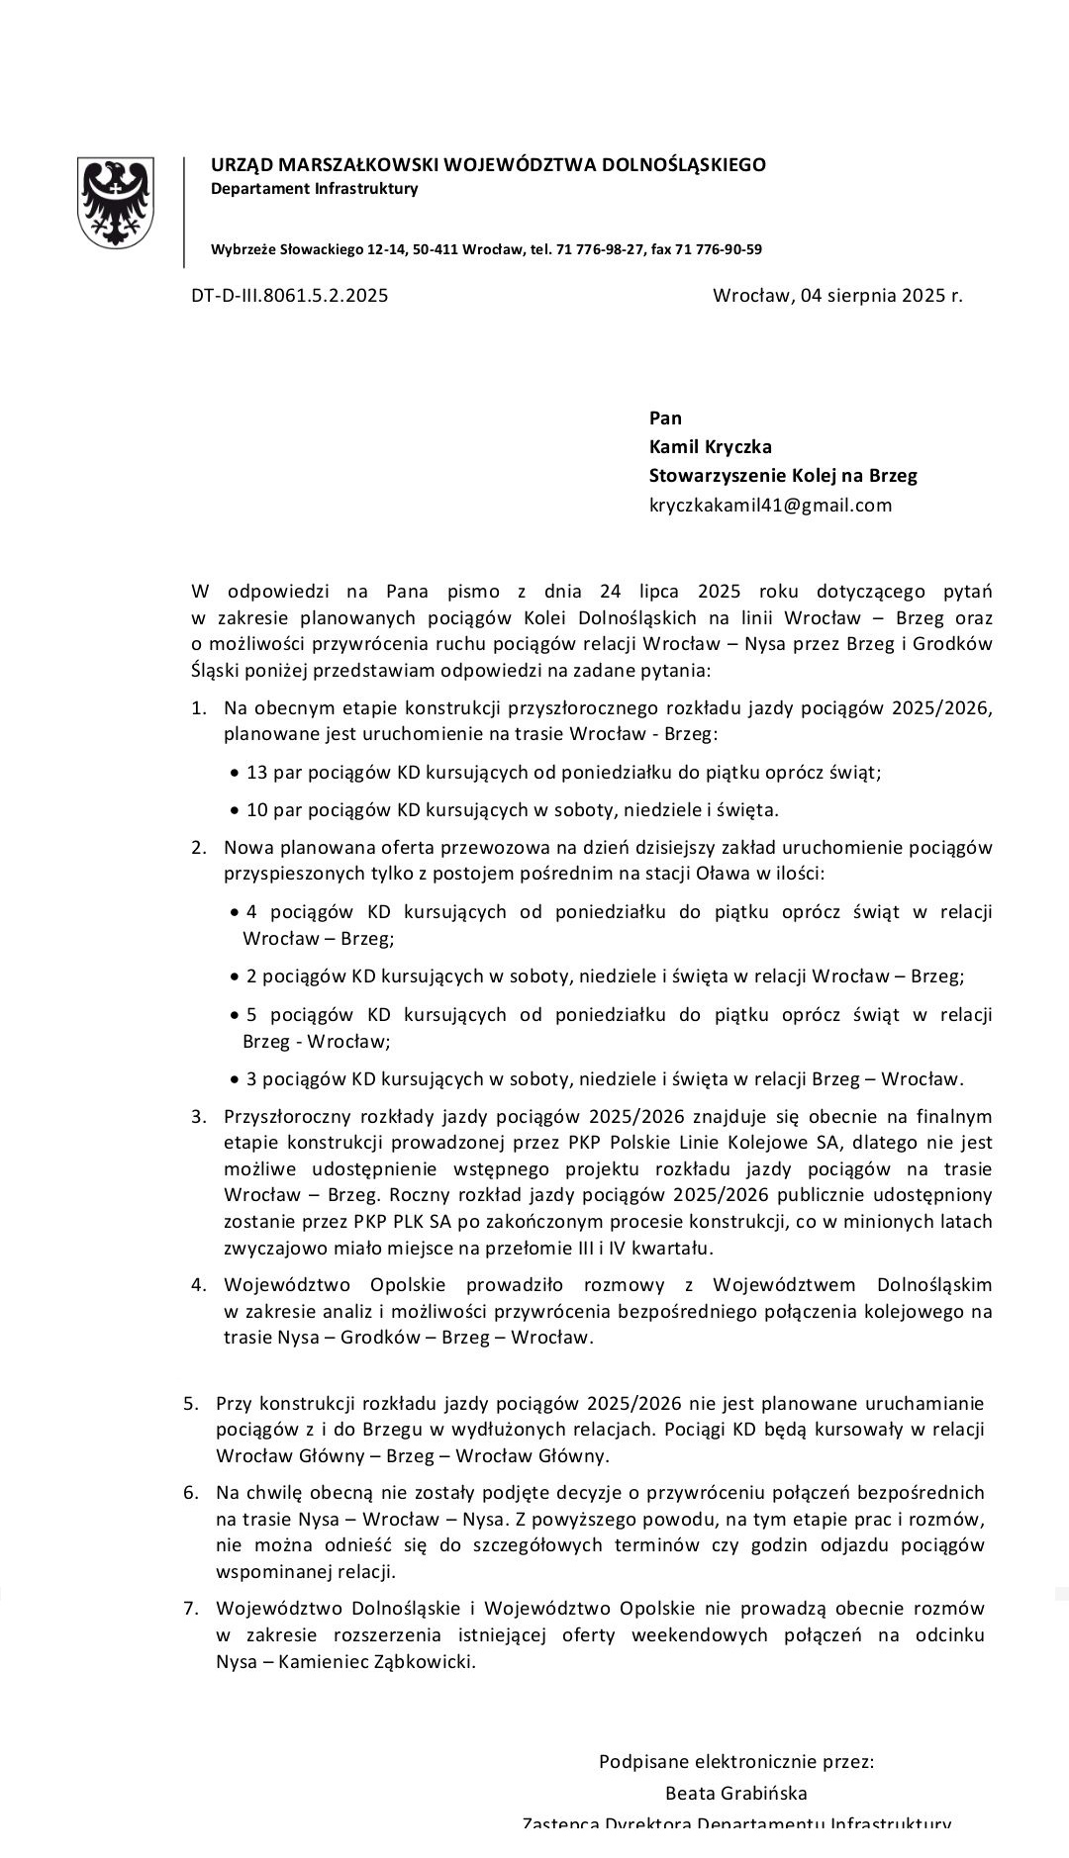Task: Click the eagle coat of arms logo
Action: pyautogui.click(x=116, y=202)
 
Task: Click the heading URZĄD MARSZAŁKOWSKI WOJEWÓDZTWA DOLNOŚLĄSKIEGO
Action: pyautogui.click(x=488, y=165)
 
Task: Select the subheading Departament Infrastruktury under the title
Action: pyautogui.click(x=314, y=189)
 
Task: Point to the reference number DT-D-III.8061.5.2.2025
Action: pyautogui.click(x=289, y=295)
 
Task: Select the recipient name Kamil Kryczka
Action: pyautogui.click(x=710, y=446)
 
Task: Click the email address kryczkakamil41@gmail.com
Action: pyautogui.click(x=770, y=506)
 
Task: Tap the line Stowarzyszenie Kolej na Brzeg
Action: pyautogui.click(x=783, y=476)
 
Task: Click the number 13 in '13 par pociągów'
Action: pyautogui.click(x=256, y=773)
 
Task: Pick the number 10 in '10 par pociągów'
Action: pyautogui.click(x=256, y=810)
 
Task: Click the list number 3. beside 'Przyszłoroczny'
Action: pyautogui.click(x=199, y=1117)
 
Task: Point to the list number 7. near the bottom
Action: pyautogui.click(x=191, y=1608)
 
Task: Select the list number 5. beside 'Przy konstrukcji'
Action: pyautogui.click(x=191, y=1403)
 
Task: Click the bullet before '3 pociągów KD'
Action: pyautogui.click(x=235, y=1080)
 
